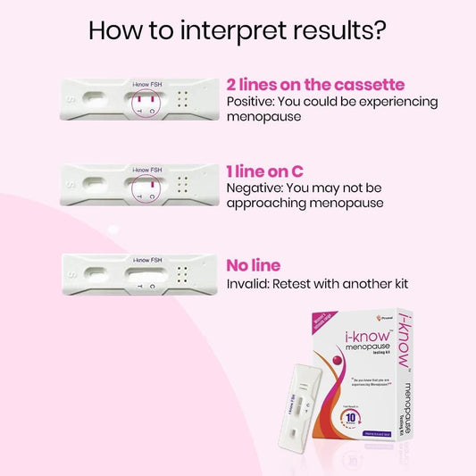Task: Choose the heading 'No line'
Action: click(253, 265)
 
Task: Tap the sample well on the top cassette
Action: click(93, 98)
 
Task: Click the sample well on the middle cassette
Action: click(93, 185)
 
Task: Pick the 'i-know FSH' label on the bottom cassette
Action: click(146, 258)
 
